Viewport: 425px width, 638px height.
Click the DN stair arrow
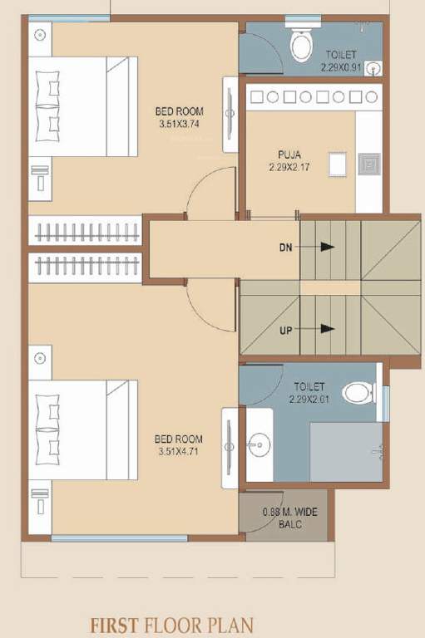(x=325, y=247)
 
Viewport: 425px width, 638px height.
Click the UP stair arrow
(x=325, y=329)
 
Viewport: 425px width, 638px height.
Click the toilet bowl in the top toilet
(x=298, y=45)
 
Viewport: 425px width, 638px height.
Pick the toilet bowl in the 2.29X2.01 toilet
(x=359, y=393)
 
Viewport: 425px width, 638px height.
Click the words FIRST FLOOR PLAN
(x=172, y=625)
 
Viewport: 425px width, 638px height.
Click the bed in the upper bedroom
(x=82, y=106)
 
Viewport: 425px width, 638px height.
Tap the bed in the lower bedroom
(x=82, y=430)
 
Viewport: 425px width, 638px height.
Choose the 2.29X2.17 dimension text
(x=289, y=167)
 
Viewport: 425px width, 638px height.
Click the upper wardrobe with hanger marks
(x=86, y=231)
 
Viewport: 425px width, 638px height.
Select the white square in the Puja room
(x=337, y=164)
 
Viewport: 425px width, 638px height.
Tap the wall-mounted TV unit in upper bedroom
(x=230, y=115)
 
